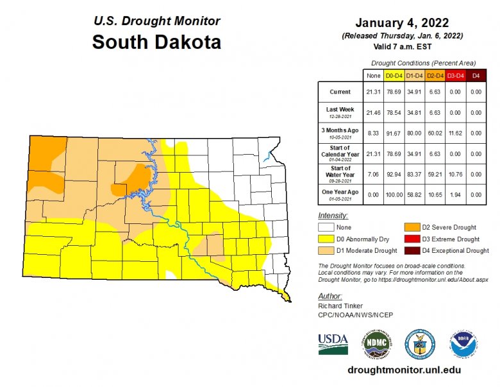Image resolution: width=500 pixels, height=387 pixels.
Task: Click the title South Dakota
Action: [156, 42]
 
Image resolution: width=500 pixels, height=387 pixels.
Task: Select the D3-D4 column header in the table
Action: [455, 76]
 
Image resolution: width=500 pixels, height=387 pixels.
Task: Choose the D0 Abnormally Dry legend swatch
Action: [326, 239]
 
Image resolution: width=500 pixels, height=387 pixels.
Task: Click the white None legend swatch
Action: [326, 227]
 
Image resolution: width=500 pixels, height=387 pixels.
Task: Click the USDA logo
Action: [333, 344]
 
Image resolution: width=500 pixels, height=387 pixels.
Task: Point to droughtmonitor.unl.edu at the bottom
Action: [403, 370]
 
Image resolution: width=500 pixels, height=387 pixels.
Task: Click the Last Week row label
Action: [340, 112]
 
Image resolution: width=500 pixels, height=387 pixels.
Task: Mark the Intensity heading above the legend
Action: [333, 216]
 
